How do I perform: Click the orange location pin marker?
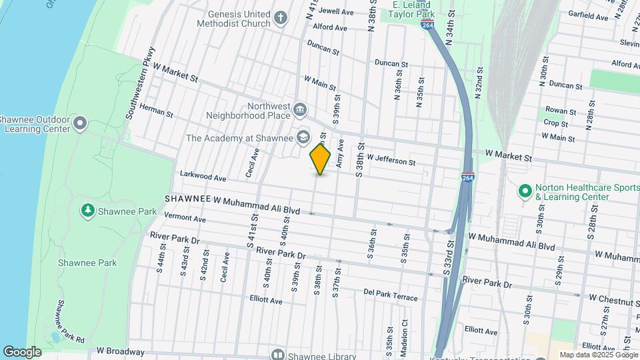click(x=320, y=159)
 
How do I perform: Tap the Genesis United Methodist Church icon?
click(x=281, y=18)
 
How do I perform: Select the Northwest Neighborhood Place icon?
click(x=300, y=109)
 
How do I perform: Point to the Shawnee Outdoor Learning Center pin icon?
click(x=81, y=123)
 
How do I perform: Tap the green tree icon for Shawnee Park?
click(x=87, y=211)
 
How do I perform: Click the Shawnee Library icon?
click(x=277, y=355)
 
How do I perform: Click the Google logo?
click(x=22, y=351)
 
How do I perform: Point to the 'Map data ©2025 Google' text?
click(x=599, y=355)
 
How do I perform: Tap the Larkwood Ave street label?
click(x=203, y=177)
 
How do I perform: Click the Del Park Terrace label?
click(x=390, y=293)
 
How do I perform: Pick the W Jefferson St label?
click(x=391, y=161)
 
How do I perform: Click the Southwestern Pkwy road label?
click(x=140, y=83)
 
